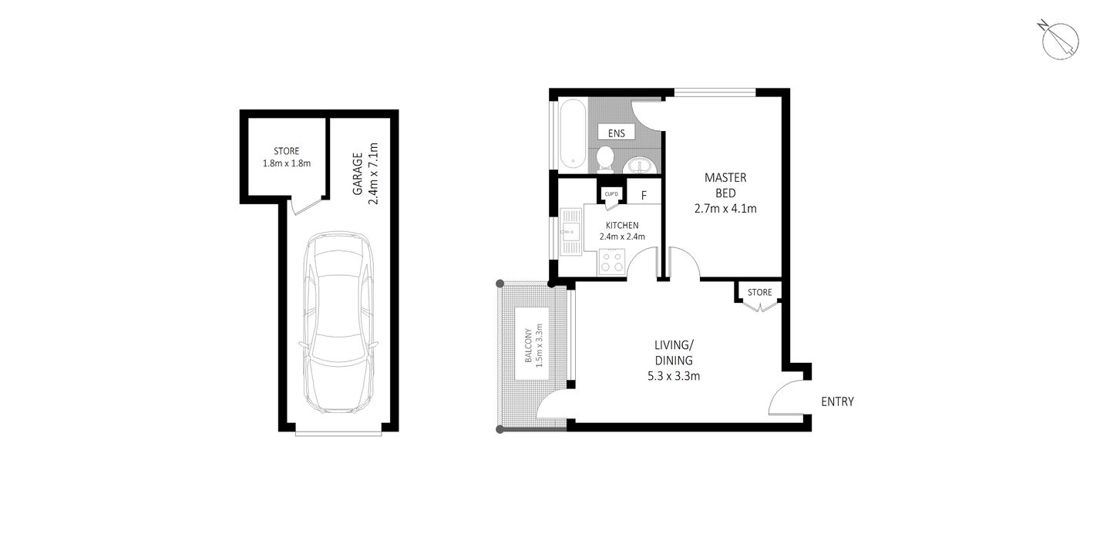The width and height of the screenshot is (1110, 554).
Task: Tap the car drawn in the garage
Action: (x=339, y=323)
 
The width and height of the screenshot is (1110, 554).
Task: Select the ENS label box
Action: (x=616, y=133)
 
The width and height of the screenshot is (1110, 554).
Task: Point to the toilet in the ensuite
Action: (x=605, y=160)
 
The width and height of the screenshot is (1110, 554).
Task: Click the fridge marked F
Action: (x=644, y=196)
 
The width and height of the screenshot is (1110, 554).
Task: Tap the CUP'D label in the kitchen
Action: (x=612, y=193)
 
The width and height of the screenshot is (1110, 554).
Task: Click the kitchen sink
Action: (x=571, y=230)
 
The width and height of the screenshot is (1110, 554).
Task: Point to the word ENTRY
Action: (x=837, y=401)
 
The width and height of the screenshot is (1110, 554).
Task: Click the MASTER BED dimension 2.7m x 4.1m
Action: (x=725, y=207)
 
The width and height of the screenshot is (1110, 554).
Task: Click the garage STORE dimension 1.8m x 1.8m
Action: (x=286, y=163)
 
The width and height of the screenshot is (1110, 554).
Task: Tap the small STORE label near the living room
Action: (x=759, y=292)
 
